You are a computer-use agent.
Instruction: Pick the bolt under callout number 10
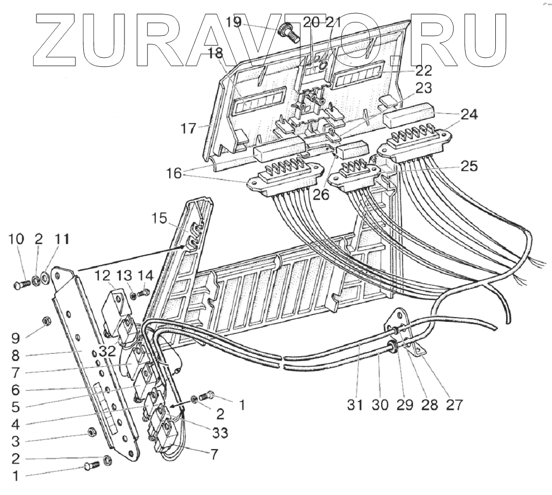[x=20, y=285]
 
